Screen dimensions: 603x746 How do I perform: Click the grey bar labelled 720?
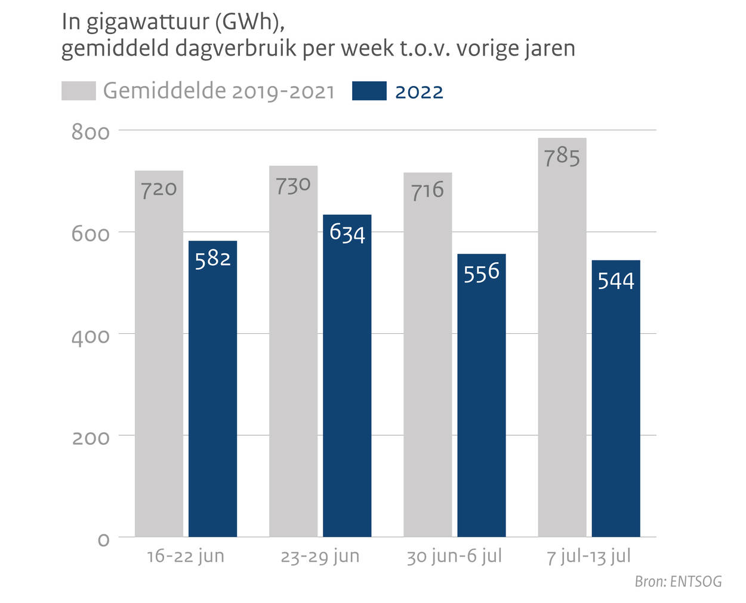click(x=159, y=358)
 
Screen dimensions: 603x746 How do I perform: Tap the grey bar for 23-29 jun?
click(x=293, y=358)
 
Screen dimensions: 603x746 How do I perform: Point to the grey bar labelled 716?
click(x=427, y=358)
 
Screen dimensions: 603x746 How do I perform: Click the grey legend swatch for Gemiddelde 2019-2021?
click(x=78, y=91)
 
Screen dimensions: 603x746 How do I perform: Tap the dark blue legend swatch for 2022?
click(x=369, y=91)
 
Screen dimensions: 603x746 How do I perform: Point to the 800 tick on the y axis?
click(x=91, y=132)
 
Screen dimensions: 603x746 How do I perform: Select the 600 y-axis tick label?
click(x=91, y=234)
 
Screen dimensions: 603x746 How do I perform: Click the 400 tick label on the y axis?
click(x=91, y=337)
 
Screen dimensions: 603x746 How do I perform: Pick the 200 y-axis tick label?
click(x=91, y=438)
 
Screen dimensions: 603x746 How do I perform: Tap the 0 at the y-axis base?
click(x=103, y=540)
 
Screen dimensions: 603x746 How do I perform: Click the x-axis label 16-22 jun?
click(x=186, y=556)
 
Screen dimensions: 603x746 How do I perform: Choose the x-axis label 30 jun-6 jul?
click(x=454, y=556)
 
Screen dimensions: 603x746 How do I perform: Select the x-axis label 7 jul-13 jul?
click(x=588, y=556)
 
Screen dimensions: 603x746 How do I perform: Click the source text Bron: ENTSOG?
click(x=678, y=582)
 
